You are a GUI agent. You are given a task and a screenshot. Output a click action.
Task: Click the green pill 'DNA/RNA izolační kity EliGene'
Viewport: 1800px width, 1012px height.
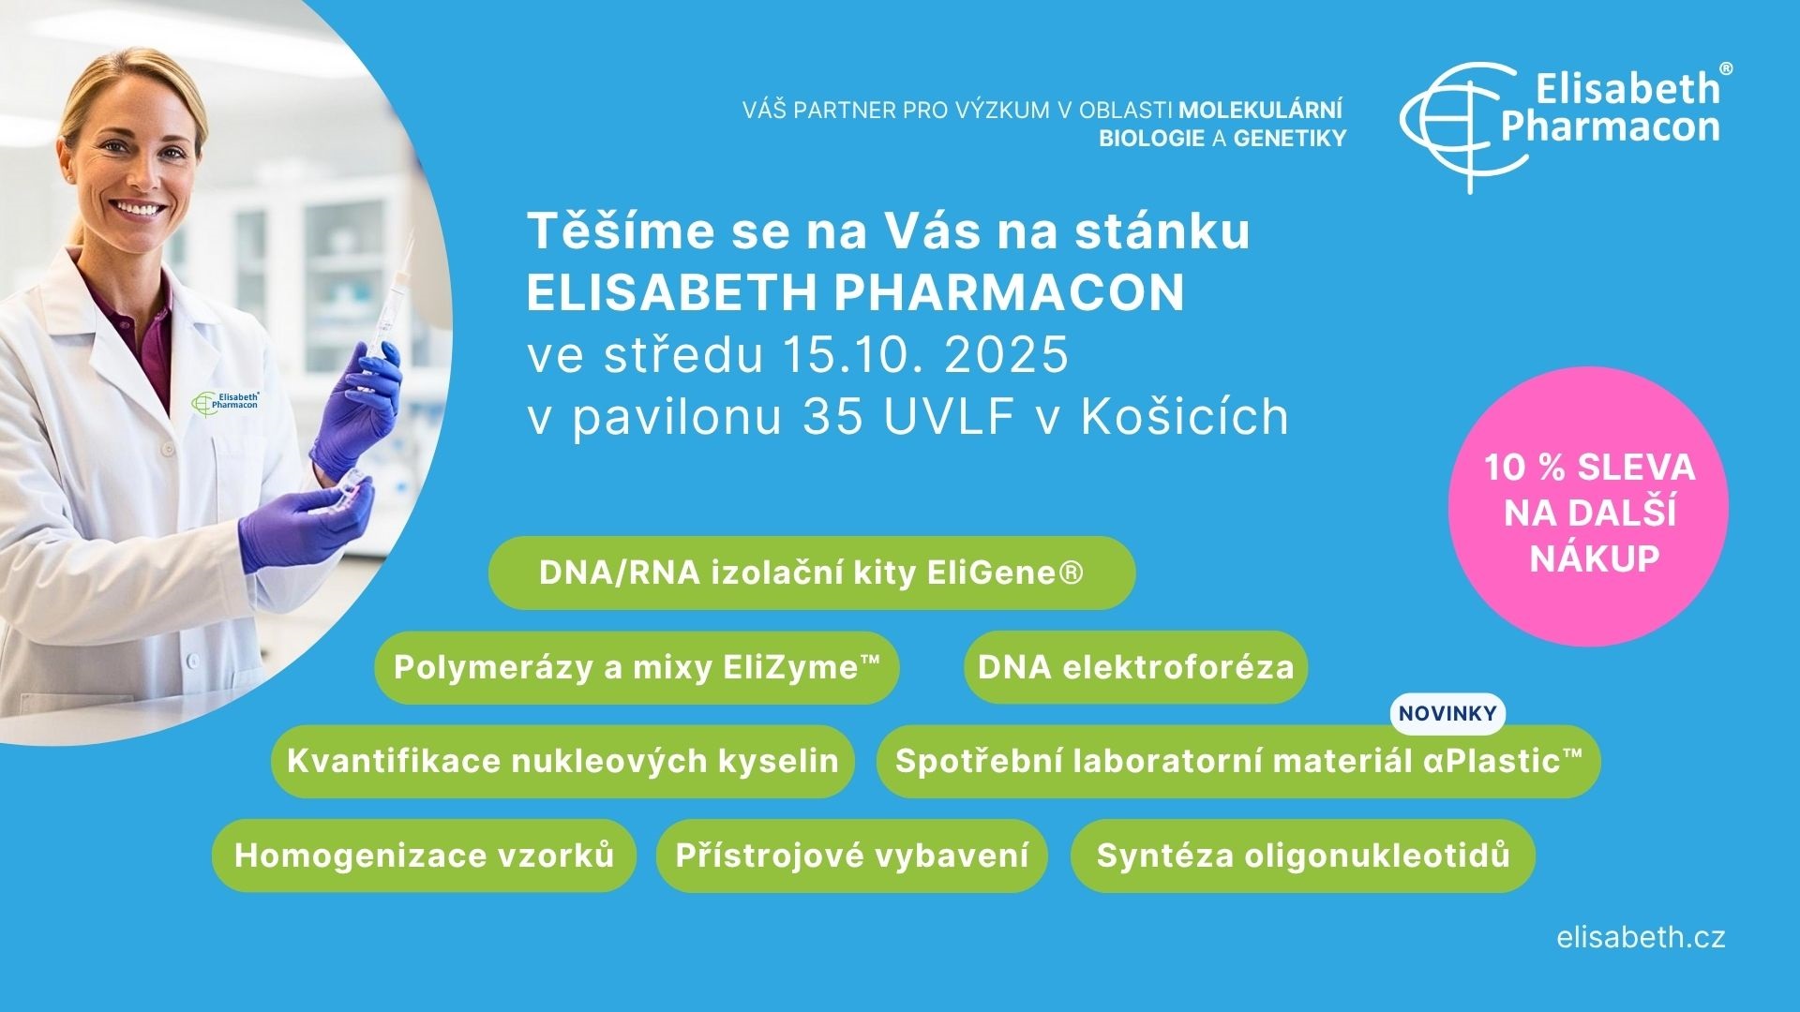(812, 573)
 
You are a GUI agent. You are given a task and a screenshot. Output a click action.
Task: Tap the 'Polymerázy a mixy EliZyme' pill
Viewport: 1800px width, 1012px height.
(637, 667)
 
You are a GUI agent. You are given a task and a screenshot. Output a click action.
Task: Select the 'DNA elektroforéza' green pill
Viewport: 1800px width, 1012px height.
(1135, 667)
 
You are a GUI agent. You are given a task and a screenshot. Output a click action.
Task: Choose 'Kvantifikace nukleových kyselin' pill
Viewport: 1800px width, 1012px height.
(562, 761)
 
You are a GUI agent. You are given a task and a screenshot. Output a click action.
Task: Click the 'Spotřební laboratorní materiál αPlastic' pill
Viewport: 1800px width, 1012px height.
(1238, 761)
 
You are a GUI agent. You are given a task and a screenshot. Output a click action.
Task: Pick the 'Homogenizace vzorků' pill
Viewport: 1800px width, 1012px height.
(424, 856)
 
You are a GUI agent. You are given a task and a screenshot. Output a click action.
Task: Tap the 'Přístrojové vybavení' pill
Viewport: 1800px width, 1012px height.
(851, 856)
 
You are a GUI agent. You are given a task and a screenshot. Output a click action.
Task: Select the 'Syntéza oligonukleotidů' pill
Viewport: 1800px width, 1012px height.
(1303, 856)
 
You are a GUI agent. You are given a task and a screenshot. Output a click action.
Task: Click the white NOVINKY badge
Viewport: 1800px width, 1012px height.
(1447, 714)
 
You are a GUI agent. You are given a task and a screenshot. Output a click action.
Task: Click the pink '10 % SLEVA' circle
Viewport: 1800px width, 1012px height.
(1589, 507)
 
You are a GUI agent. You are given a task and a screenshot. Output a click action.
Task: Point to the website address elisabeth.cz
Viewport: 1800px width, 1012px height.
(1641, 938)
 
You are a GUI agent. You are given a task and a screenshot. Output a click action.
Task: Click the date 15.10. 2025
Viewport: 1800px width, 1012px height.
(924, 355)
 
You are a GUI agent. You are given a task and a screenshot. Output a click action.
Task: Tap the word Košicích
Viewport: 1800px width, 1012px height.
(1185, 417)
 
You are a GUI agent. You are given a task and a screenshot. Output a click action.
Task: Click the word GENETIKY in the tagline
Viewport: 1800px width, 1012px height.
(1290, 139)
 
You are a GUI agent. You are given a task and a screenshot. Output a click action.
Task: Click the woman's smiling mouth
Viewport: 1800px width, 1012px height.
(138, 207)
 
